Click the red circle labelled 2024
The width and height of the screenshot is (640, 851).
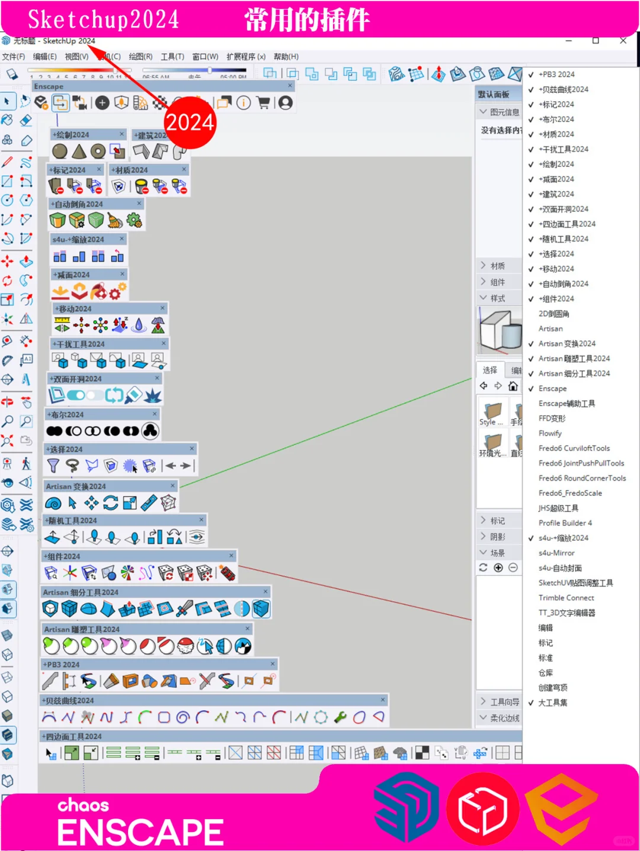pos(190,123)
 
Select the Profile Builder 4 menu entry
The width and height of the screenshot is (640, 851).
pos(565,523)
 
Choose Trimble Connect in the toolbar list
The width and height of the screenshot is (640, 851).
pos(566,598)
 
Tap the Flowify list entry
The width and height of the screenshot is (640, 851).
pos(550,433)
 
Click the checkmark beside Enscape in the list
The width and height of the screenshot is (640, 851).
pos(531,389)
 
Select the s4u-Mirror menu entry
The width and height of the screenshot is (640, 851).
pos(556,553)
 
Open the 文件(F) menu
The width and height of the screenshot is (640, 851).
pos(14,57)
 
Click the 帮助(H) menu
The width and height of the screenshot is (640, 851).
pos(286,57)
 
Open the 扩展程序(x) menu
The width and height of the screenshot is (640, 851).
pos(246,57)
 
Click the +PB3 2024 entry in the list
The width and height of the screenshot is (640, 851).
pos(556,75)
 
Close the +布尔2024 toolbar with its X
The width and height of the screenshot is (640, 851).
pos(155,414)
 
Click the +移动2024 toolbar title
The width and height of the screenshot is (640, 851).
pos(75,309)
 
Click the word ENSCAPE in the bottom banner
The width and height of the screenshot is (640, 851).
pos(140,832)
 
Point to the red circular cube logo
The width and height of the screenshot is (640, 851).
pos(482,809)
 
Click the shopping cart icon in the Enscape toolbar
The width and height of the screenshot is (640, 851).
pos(264,102)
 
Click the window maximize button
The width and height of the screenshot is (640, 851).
pos(596,40)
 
